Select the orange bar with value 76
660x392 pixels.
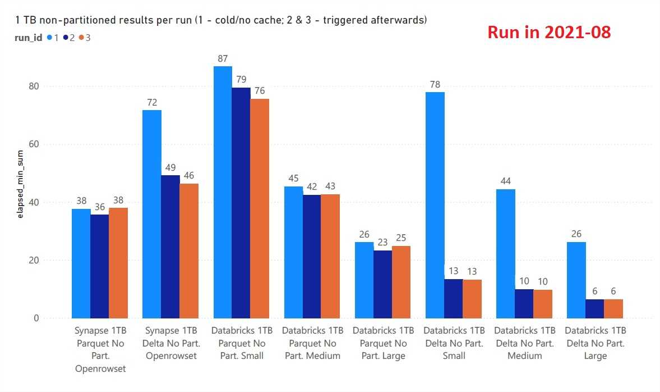point(260,208)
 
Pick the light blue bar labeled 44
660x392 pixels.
point(505,253)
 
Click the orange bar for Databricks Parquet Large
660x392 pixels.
point(401,281)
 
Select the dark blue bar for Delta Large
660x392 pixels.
point(595,308)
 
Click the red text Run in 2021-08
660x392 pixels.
point(548,32)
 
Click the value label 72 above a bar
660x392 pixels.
point(153,102)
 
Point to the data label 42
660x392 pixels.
point(312,186)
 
